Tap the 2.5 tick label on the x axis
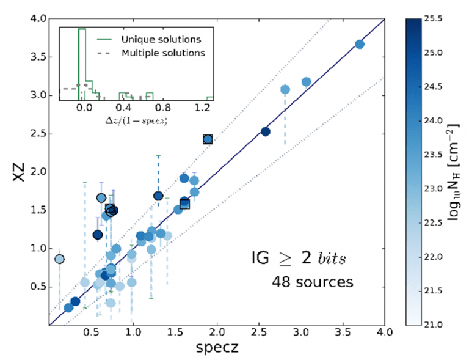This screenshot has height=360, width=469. tap(258, 334)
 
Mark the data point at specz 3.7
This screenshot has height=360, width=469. tap(359, 44)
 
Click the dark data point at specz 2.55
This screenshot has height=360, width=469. tap(265, 131)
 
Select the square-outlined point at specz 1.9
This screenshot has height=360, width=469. tap(208, 139)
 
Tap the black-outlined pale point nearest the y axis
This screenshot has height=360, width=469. tap(59, 259)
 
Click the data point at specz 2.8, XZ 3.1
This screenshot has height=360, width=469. tap(285, 89)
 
